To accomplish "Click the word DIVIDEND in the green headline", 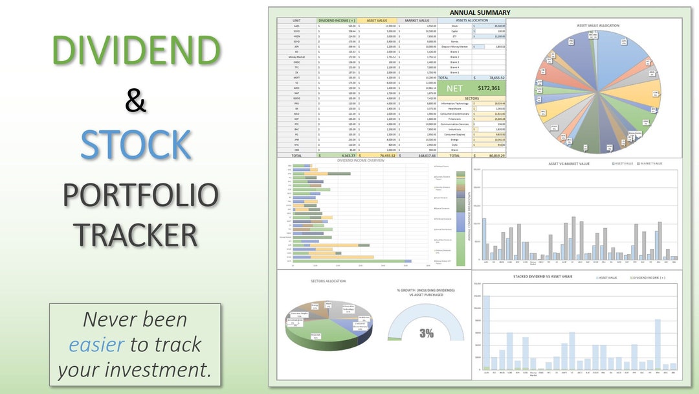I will coord(136,50).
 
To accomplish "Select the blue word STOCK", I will coord(136,145).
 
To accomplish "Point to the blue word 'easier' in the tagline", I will coord(96,345).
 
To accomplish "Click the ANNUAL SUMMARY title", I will coord(480,12).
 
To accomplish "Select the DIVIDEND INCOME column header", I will coord(337,20).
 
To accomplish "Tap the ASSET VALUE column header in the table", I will coord(377,20).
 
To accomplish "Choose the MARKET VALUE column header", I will coord(417,20).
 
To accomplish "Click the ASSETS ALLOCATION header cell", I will coord(472,20).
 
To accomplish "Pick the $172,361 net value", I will coord(489,87).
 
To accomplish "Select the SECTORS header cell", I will coord(472,98).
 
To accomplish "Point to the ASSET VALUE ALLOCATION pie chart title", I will coord(599,25).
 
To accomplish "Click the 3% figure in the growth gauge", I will coord(426,333).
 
